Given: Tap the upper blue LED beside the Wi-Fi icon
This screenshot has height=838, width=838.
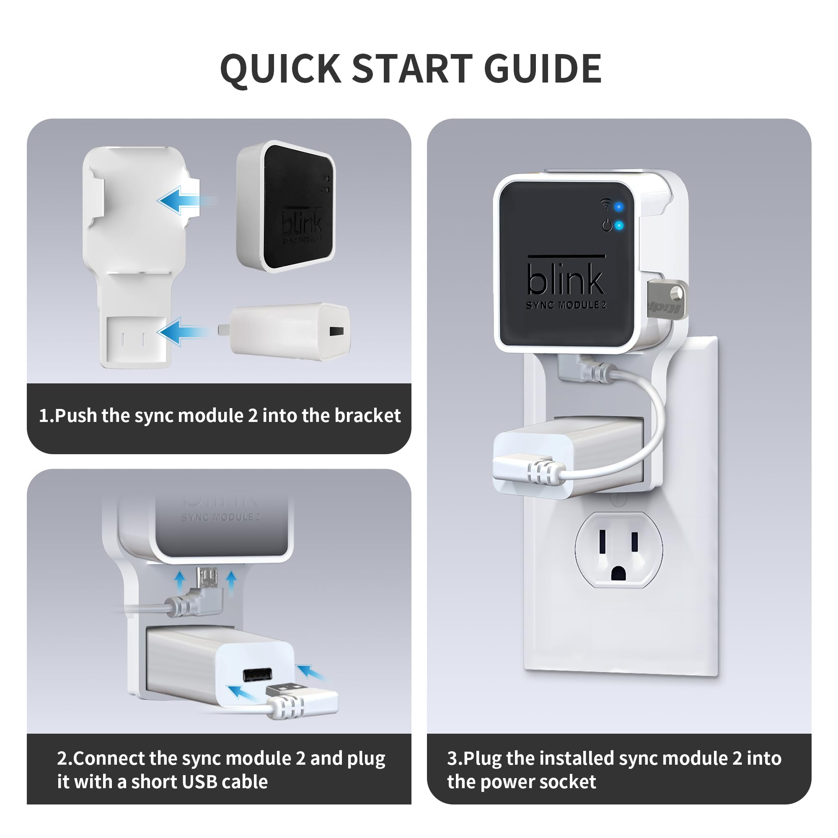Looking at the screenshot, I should [619, 207].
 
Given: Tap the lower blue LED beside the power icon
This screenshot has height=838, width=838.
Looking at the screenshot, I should [619, 225].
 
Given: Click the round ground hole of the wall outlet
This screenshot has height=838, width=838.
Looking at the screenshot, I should [618, 574].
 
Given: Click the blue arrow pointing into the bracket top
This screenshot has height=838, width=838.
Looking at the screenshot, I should [176, 200].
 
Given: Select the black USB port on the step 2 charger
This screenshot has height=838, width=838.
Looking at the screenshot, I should [258, 675].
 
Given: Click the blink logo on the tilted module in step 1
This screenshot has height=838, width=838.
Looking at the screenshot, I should [301, 223].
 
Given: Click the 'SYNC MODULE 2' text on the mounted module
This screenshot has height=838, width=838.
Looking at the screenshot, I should [566, 305].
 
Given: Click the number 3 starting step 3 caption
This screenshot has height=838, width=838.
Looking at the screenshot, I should [453, 758].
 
